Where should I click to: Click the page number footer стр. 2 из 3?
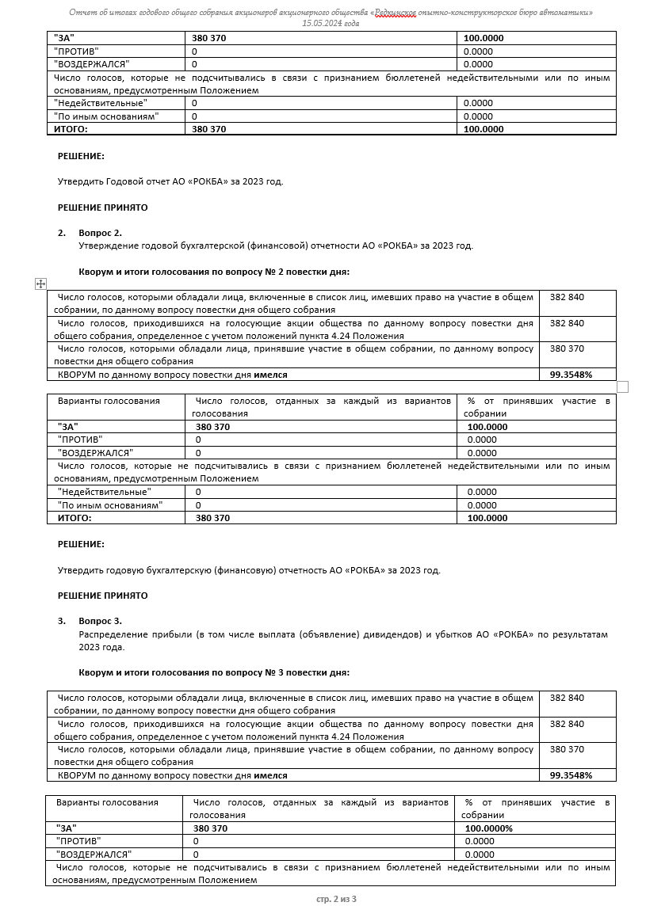tap(336, 898)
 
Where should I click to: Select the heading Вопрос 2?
tap(101, 233)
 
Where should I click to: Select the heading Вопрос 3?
tap(101, 621)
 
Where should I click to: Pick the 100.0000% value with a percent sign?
tap(489, 828)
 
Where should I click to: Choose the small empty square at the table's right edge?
tap(622, 386)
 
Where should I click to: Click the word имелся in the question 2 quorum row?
tap(271, 375)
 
